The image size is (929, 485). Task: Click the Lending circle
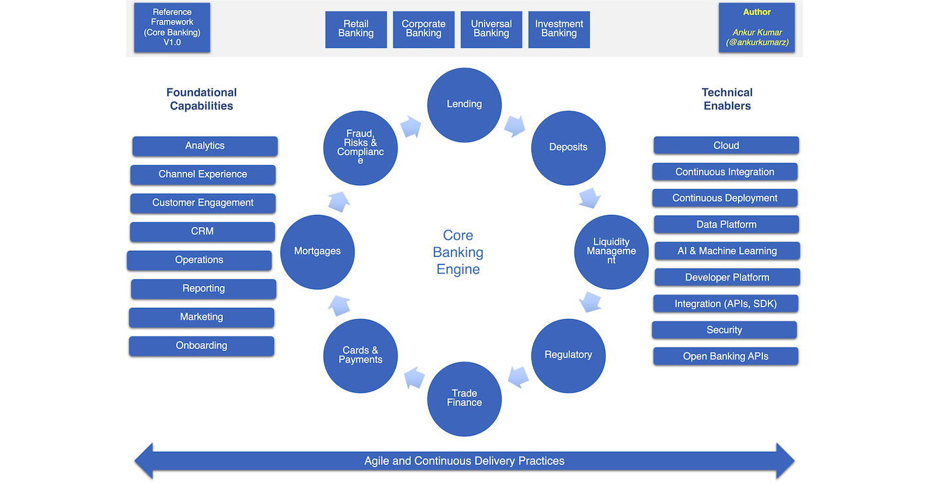click(x=464, y=104)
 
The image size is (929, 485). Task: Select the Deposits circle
click(x=568, y=147)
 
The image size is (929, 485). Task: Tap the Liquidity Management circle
click(x=611, y=251)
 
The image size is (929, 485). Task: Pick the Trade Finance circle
click(x=464, y=398)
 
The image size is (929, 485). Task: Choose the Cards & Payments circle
click(x=360, y=355)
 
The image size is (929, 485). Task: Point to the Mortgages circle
click(x=317, y=251)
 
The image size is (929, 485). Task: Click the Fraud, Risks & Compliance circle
click(x=360, y=147)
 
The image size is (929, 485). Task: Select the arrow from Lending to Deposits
click(x=514, y=125)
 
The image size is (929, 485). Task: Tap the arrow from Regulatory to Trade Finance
click(x=518, y=377)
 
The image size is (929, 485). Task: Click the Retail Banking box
click(x=356, y=29)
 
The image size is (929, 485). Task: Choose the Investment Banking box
click(x=559, y=29)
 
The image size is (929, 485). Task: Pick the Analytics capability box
click(x=205, y=146)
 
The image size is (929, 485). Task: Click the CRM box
click(x=202, y=232)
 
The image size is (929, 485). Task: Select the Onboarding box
click(x=202, y=346)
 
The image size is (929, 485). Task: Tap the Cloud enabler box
click(x=726, y=145)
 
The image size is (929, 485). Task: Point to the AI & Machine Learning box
click(x=727, y=251)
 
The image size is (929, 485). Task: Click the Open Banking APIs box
click(x=725, y=356)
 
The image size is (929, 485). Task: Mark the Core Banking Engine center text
click(x=458, y=252)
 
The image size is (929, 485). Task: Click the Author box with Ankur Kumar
click(x=756, y=28)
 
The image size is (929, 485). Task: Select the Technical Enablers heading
click(x=727, y=99)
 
